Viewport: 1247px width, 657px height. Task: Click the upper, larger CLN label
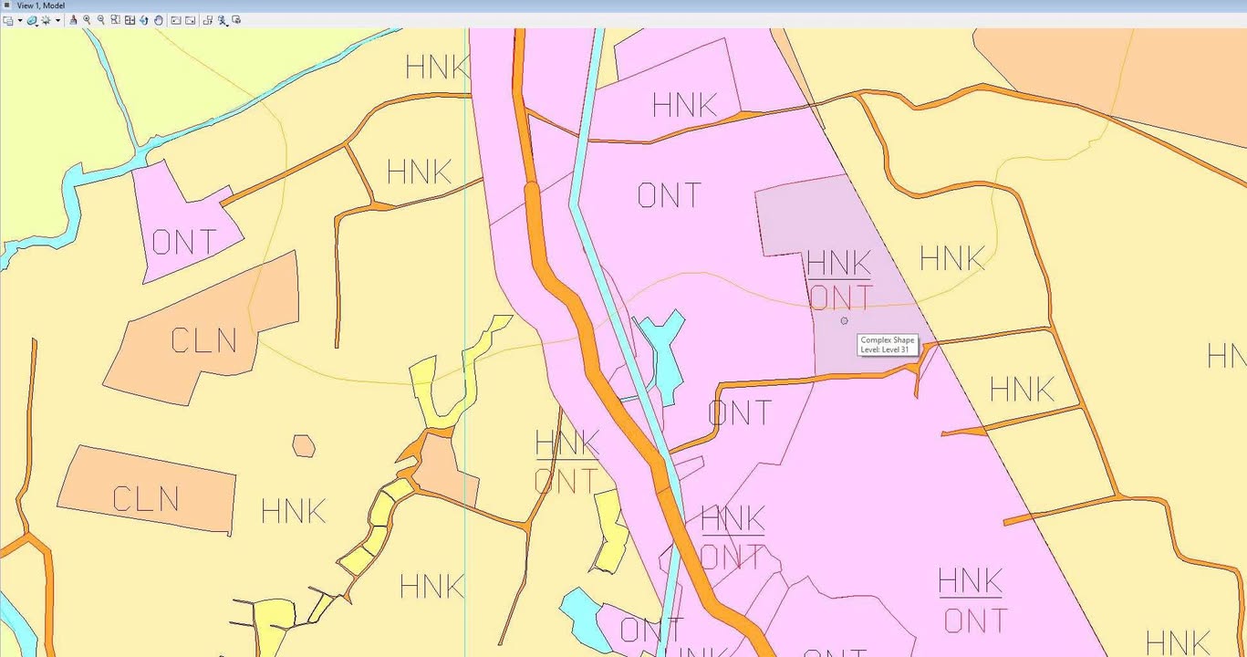(203, 340)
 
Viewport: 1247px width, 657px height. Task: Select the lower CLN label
(146, 499)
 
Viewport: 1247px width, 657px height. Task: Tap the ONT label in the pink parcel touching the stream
(185, 242)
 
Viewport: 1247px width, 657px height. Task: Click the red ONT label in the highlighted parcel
(840, 298)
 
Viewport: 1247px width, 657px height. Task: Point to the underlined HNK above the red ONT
(838, 263)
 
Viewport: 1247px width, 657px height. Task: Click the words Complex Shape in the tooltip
(887, 340)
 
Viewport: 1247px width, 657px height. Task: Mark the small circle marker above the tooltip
(844, 320)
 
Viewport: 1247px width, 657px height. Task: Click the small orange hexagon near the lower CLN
(304, 445)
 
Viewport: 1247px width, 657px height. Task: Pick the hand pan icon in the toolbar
(159, 20)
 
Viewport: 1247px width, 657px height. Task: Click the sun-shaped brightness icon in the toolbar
(46, 20)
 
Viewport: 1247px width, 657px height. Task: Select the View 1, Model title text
(40, 5)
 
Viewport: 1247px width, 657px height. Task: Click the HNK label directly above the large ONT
(684, 105)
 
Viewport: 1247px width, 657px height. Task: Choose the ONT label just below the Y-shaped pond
(739, 413)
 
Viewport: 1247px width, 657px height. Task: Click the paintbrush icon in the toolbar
(73, 20)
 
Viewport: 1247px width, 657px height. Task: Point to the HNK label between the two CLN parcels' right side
(293, 511)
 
